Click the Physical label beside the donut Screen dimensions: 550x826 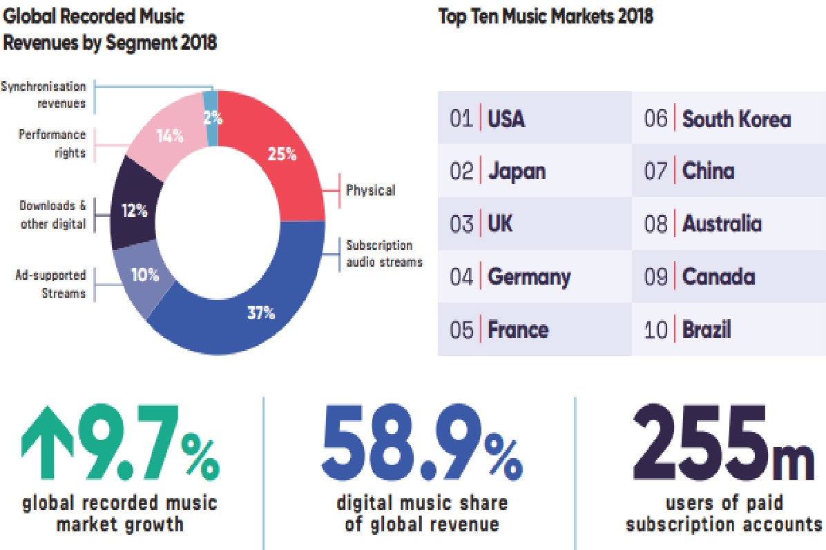(371, 190)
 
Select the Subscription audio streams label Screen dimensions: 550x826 (383, 254)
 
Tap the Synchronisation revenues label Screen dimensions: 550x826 (44, 95)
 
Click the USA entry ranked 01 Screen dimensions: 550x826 (506, 119)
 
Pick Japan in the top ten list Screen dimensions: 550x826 (517, 171)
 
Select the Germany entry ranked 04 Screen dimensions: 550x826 (529, 277)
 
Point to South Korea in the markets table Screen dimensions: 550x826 (736, 119)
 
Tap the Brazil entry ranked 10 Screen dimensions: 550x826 (707, 330)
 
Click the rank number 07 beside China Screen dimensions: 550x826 (656, 171)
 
